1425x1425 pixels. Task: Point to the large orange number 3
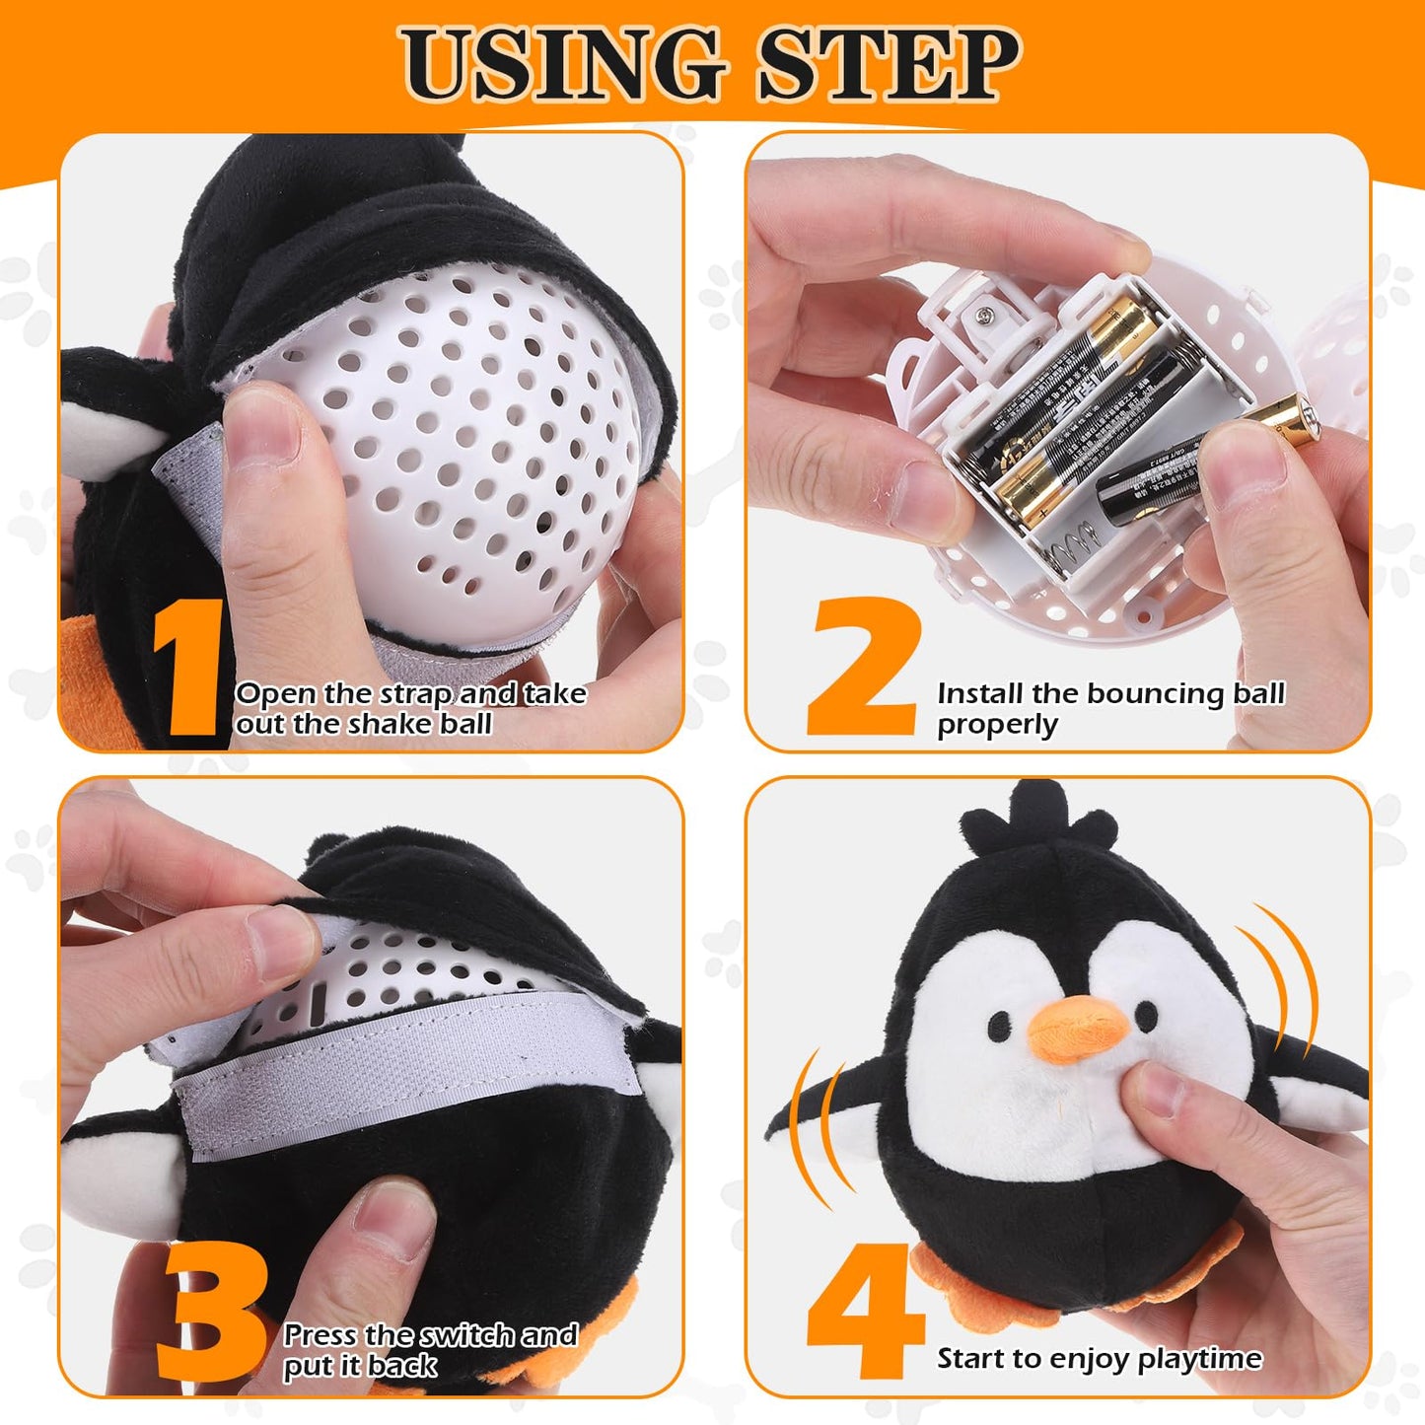[x=211, y=1307]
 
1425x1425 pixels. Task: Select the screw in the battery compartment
[x=984, y=317]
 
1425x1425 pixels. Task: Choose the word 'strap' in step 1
[x=415, y=695]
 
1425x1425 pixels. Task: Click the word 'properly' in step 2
[x=997, y=726]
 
